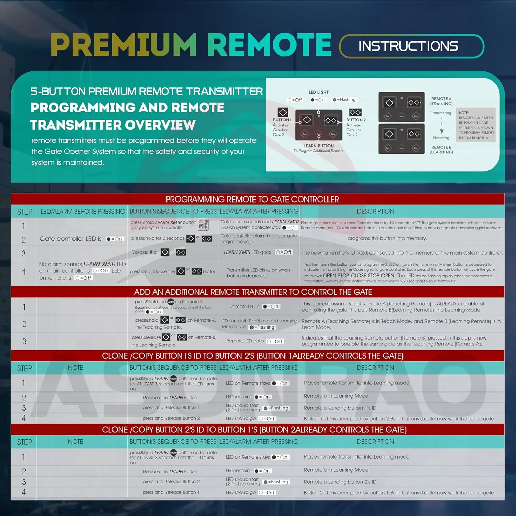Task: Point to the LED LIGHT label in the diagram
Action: coord(318,92)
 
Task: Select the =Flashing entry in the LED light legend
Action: coord(344,100)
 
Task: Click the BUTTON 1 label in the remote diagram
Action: coord(282,120)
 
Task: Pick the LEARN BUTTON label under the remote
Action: coord(319,146)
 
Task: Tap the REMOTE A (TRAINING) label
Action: coord(441,101)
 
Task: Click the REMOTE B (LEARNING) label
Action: coord(441,150)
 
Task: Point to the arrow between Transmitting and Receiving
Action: coord(442,127)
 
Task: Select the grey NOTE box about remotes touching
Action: coord(476,125)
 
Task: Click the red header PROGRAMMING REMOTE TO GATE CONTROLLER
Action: coord(252,200)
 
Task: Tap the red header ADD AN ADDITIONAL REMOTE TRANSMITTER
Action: coord(253,292)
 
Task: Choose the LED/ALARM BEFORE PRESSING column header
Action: coord(83,212)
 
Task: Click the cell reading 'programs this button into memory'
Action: coord(387,238)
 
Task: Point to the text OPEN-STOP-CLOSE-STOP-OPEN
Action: coord(358,276)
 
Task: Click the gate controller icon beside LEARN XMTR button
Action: coord(203,225)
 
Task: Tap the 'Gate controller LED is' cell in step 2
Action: coord(71,239)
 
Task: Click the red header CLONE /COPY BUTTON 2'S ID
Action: coord(254,430)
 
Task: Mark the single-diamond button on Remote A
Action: coord(389,103)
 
